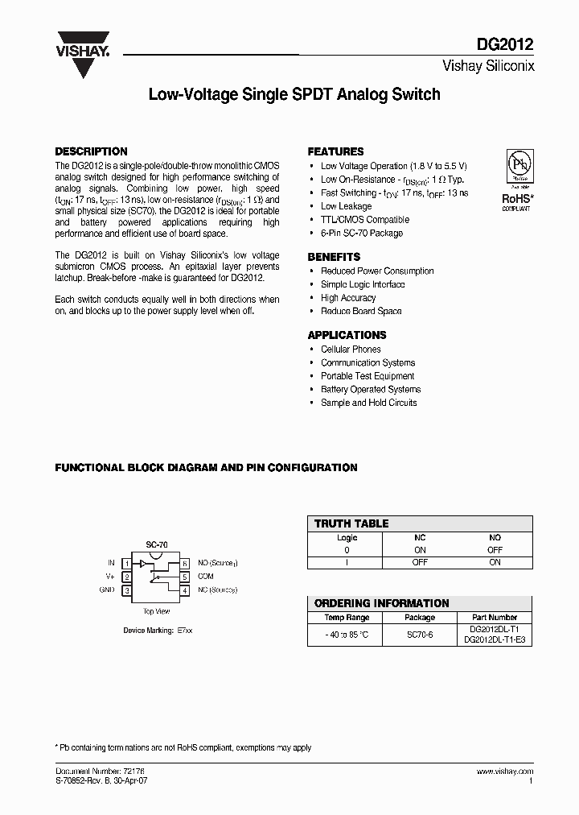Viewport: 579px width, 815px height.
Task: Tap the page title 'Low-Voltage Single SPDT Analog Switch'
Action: pos(294,95)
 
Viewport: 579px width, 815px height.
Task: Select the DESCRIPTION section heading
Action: pos(91,151)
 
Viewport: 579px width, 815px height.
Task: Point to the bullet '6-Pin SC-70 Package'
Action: pos(361,233)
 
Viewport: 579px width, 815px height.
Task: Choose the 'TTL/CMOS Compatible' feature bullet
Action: pos(364,219)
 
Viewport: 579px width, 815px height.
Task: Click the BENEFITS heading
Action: pos(335,257)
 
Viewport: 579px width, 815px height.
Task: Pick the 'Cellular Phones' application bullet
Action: pos(351,350)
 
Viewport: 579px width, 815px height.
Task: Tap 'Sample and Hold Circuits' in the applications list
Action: pos(368,403)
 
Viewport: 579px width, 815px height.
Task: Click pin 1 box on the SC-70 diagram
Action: pos(126,563)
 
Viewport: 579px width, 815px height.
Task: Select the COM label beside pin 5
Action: pos(205,577)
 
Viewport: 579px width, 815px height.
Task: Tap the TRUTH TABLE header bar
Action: pos(419,523)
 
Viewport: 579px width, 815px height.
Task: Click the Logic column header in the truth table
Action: pos(347,537)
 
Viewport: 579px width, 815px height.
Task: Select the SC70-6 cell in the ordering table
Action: pos(419,635)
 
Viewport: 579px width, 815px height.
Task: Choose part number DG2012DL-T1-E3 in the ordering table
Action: pos(493,640)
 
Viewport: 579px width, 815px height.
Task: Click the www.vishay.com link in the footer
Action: pos(503,772)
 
